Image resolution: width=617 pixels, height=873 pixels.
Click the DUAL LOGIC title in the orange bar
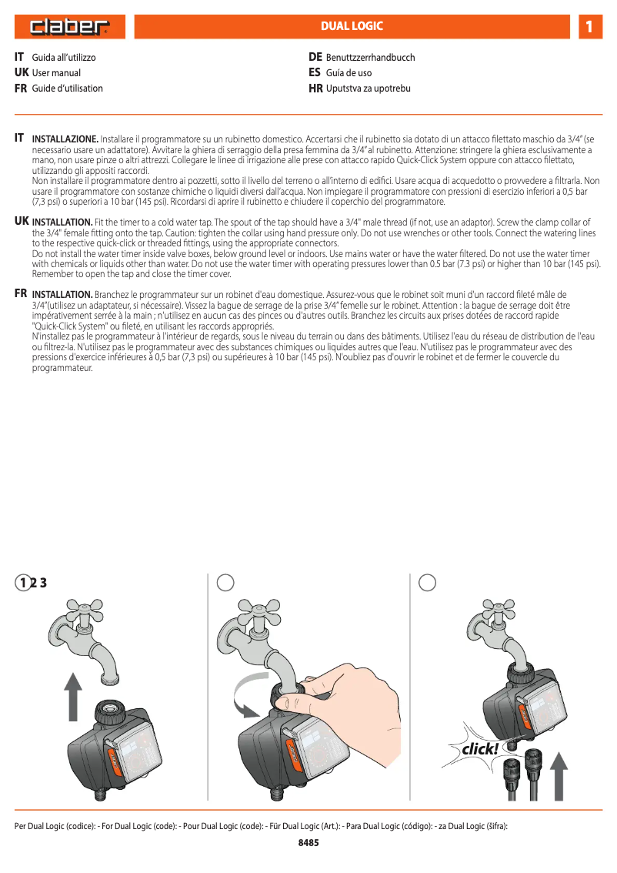tap(352, 27)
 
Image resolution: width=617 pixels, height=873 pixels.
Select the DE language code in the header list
tap(315, 58)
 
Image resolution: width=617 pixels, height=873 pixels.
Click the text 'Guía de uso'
tap(349, 73)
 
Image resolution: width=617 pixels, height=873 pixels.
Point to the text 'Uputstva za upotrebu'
tap(368, 89)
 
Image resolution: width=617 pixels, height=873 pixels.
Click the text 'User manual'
tap(56, 73)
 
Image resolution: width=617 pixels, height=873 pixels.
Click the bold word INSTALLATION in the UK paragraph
tap(62, 222)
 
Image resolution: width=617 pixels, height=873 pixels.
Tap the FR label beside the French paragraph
tap(21, 294)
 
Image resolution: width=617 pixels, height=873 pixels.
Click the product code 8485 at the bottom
tap(308, 843)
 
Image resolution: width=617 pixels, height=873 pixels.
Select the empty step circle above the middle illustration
tap(225, 583)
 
